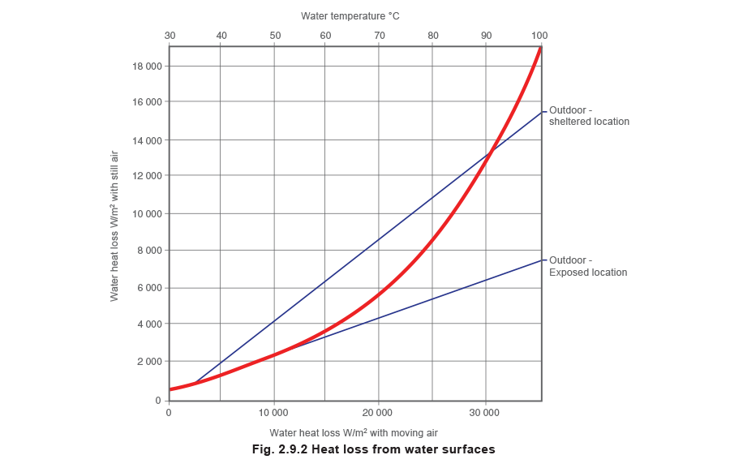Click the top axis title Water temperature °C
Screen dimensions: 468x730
click(350, 15)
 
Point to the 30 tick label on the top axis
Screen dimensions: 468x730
click(170, 36)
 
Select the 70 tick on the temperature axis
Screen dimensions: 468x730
click(380, 36)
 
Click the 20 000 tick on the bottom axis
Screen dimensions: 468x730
click(380, 413)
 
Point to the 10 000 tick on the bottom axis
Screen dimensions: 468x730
click(274, 413)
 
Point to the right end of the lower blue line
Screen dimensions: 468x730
click(543, 260)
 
